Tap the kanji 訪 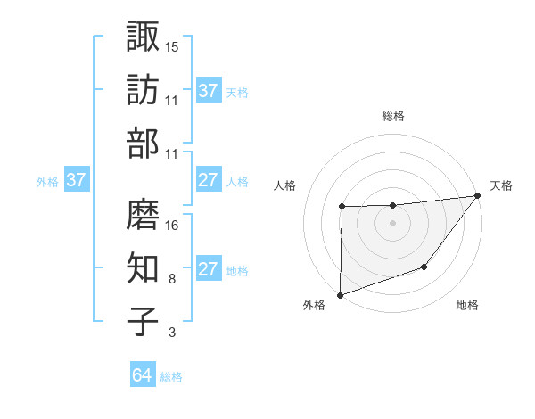point(144,90)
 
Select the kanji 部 point(144,144)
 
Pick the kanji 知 point(144,268)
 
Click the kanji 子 point(144,322)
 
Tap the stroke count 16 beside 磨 point(173,225)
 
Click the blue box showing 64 point(143,375)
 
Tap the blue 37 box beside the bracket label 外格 point(77,181)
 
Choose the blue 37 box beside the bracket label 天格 point(209,91)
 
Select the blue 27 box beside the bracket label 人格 point(209,181)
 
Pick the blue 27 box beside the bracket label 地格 point(209,270)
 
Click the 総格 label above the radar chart point(393,116)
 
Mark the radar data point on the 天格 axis point(478,195)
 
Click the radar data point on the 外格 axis point(341,294)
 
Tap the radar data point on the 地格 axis point(425,267)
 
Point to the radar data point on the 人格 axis point(342,207)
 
